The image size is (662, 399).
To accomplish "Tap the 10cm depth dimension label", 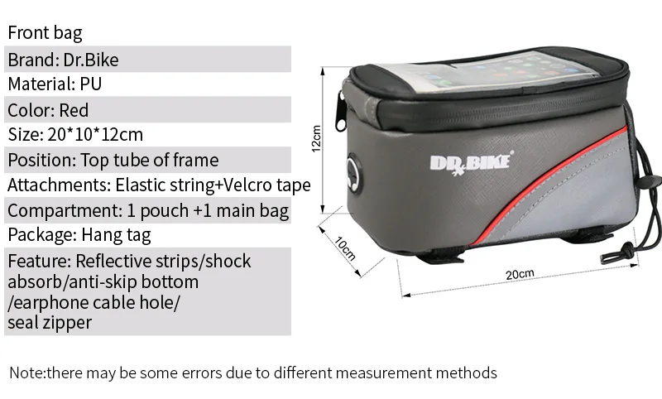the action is coord(344,246).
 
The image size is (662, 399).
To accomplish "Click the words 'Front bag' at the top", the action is coord(45,34).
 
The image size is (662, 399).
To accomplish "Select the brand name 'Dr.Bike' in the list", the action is coord(96,60).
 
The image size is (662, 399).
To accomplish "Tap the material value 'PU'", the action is coord(91,84).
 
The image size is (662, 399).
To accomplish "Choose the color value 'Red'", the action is coord(74,110).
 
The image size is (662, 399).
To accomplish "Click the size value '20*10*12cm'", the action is coord(92,135).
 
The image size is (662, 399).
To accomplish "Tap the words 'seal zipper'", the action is coord(50,323).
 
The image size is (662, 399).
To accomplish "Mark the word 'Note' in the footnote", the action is coord(26,373).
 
